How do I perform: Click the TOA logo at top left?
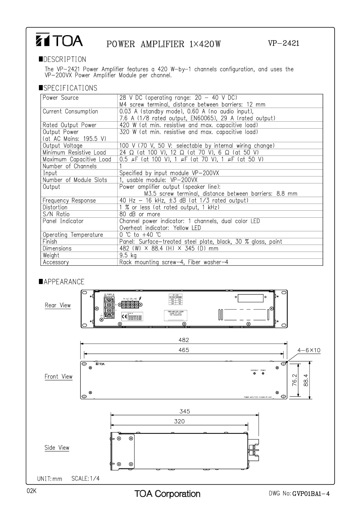[59, 41]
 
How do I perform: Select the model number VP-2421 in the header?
[283, 43]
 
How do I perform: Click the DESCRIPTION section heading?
[63, 59]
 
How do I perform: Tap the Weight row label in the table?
[51, 255]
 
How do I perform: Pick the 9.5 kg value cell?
[128, 255]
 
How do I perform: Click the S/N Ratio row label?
[56, 214]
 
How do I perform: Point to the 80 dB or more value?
[140, 214]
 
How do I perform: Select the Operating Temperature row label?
[73, 235]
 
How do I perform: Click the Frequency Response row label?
[69, 201]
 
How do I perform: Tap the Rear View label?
[58, 305]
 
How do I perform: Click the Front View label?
[58, 377]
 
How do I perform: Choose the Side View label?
[57, 448]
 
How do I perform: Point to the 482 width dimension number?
[184, 340]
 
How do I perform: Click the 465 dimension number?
[184, 350]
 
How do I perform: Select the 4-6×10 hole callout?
[309, 350]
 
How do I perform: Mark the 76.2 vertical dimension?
[294, 380]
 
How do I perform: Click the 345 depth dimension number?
[185, 411]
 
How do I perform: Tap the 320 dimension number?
[179, 421]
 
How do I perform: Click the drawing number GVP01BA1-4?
[311, 494]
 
